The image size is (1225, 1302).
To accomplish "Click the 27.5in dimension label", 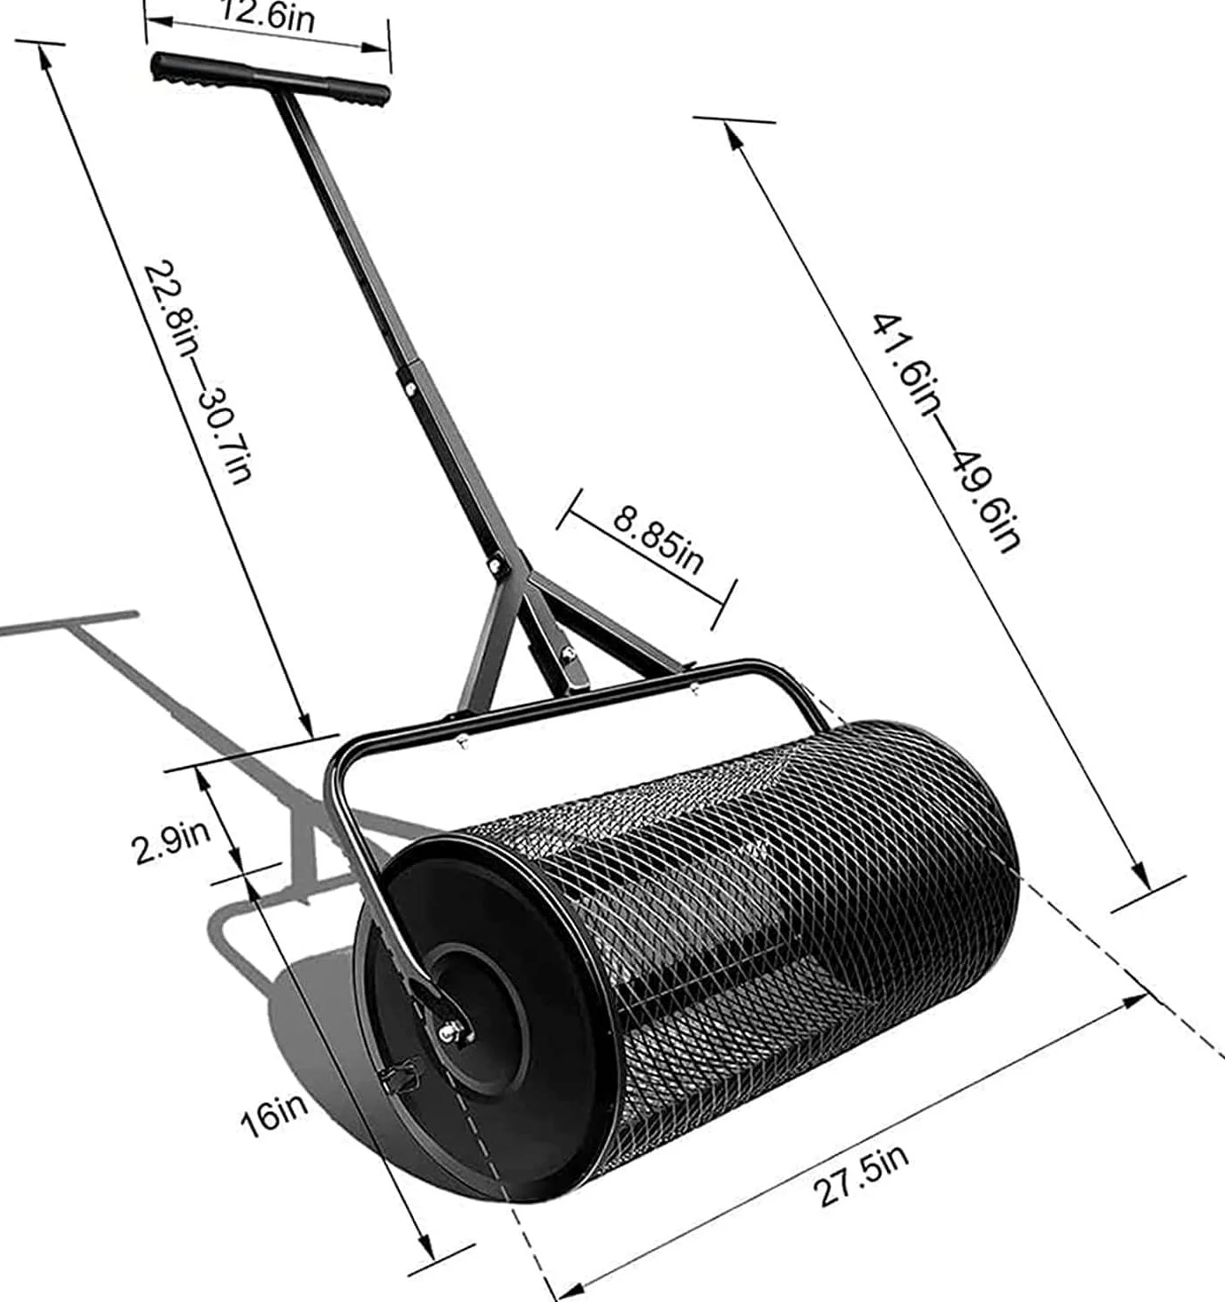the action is pos(861,1176).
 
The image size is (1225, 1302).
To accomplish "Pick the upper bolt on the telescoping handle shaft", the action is pos(410,389).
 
